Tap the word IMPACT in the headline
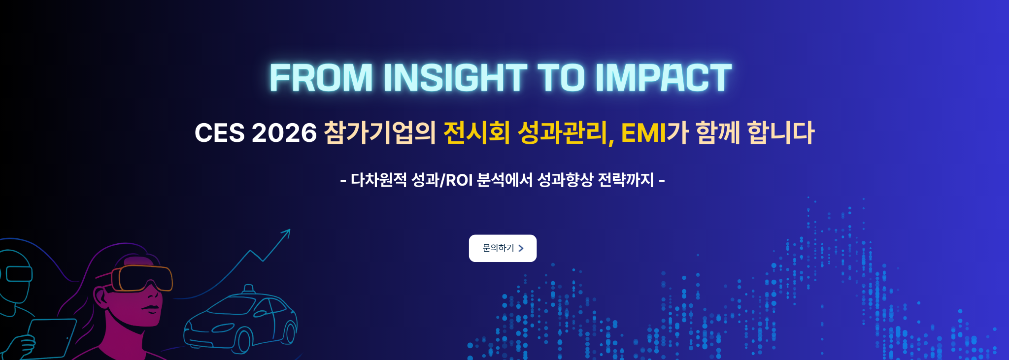664,78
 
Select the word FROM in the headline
321,78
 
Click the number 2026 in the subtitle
284,133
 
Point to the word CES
220,133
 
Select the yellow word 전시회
477,133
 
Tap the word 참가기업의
380,133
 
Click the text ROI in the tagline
459,180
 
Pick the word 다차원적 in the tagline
379,180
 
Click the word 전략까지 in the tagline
626,180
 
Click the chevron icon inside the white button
521,248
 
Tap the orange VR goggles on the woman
142,278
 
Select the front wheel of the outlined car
242,341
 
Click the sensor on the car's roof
249,289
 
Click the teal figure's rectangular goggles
19,274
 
